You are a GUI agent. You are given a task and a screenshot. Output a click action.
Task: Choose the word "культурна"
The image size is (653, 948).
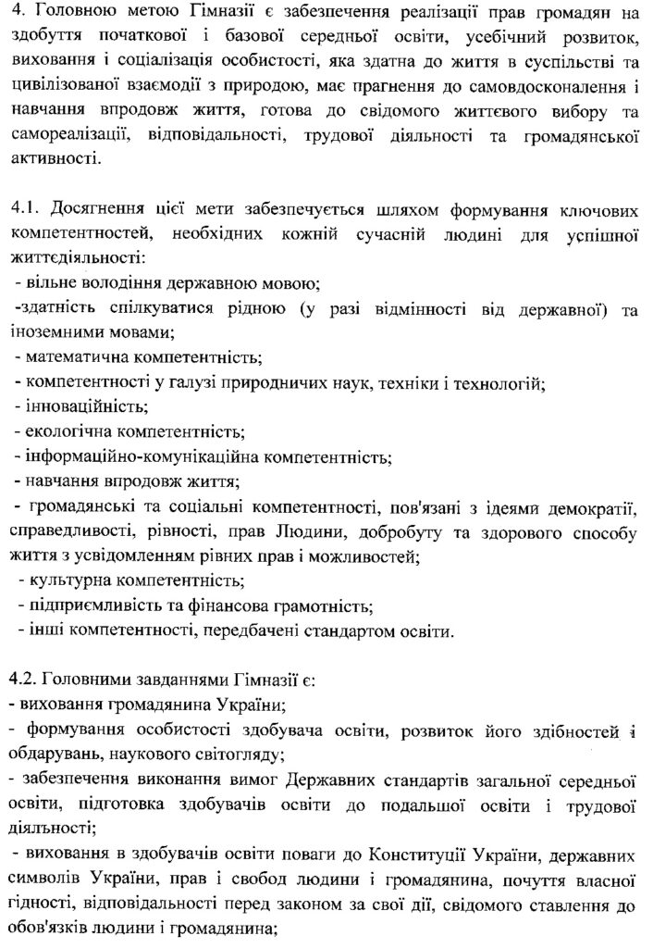[65, 582]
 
